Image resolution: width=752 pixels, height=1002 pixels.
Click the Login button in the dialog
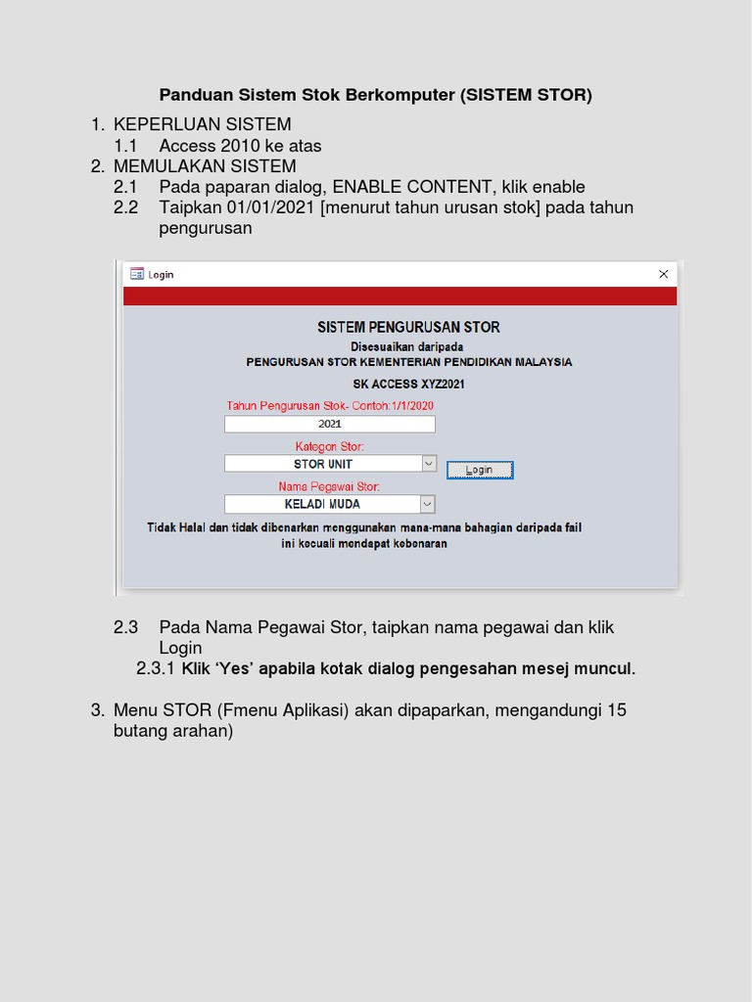(479, 470)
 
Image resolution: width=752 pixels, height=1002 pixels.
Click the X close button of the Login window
(663, 274)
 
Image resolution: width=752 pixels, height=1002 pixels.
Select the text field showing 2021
(329, 424)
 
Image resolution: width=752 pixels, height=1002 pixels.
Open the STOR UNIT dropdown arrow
(428, 464)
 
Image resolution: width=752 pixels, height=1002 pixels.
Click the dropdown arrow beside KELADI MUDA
(427, 504)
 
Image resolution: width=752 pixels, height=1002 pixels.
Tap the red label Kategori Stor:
(329, 446)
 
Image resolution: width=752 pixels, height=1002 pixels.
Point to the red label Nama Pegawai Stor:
(329, 486)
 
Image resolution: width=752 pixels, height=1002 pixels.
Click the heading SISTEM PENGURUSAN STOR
(408, 327)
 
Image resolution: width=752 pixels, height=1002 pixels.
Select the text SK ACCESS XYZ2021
(408, 384)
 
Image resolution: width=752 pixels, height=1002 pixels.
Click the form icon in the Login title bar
(137, 274)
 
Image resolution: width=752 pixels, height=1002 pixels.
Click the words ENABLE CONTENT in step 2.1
(412, 187)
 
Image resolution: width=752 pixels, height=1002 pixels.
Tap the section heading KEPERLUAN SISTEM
(202, 124)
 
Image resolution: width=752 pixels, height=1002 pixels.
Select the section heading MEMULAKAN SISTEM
(205, 166)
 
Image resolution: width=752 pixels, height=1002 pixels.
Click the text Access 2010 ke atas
(240, 146)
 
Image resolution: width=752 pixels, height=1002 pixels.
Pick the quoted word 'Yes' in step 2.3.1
(235, 669)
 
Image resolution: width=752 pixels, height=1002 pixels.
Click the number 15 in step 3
(617, 710)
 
